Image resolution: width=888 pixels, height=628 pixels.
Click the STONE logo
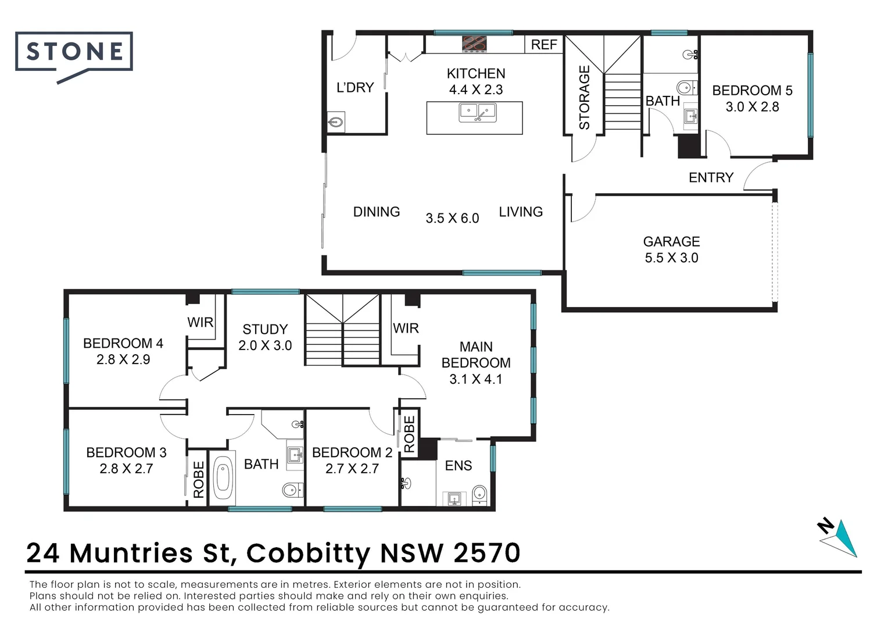click(74, 52)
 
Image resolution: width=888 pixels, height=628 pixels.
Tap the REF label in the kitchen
click(544, 45)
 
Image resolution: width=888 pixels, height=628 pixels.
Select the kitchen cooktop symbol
click(474, 44)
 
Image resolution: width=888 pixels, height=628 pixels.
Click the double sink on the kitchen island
click(477, 112)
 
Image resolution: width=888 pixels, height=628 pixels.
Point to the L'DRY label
click(355, 88)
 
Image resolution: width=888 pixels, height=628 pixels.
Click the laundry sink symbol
click(336, 123)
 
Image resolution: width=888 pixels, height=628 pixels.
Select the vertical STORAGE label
click(584, 97)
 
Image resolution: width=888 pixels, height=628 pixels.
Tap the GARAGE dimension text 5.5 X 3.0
click(671, 258)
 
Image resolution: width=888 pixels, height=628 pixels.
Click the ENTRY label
click(711, 178)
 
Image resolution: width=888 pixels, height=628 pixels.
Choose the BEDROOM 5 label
click(752, 91)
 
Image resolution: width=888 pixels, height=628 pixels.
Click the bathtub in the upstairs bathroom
click(223, 477)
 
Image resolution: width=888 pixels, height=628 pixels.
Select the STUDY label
click(265, 329)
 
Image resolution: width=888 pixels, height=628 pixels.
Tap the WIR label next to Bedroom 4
click(200, 322)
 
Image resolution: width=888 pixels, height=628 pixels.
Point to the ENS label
click(459, 466)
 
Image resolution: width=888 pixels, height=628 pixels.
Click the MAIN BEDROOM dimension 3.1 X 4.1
click(476, 379)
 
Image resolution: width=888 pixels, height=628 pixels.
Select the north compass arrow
click(840, 537)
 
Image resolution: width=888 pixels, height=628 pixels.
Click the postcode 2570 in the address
click(486, 553)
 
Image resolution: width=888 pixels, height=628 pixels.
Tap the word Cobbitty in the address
click(308, 553)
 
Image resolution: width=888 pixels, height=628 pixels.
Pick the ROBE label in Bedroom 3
click(199, 480)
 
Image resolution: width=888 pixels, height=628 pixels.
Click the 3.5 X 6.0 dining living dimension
click(452, 219)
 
